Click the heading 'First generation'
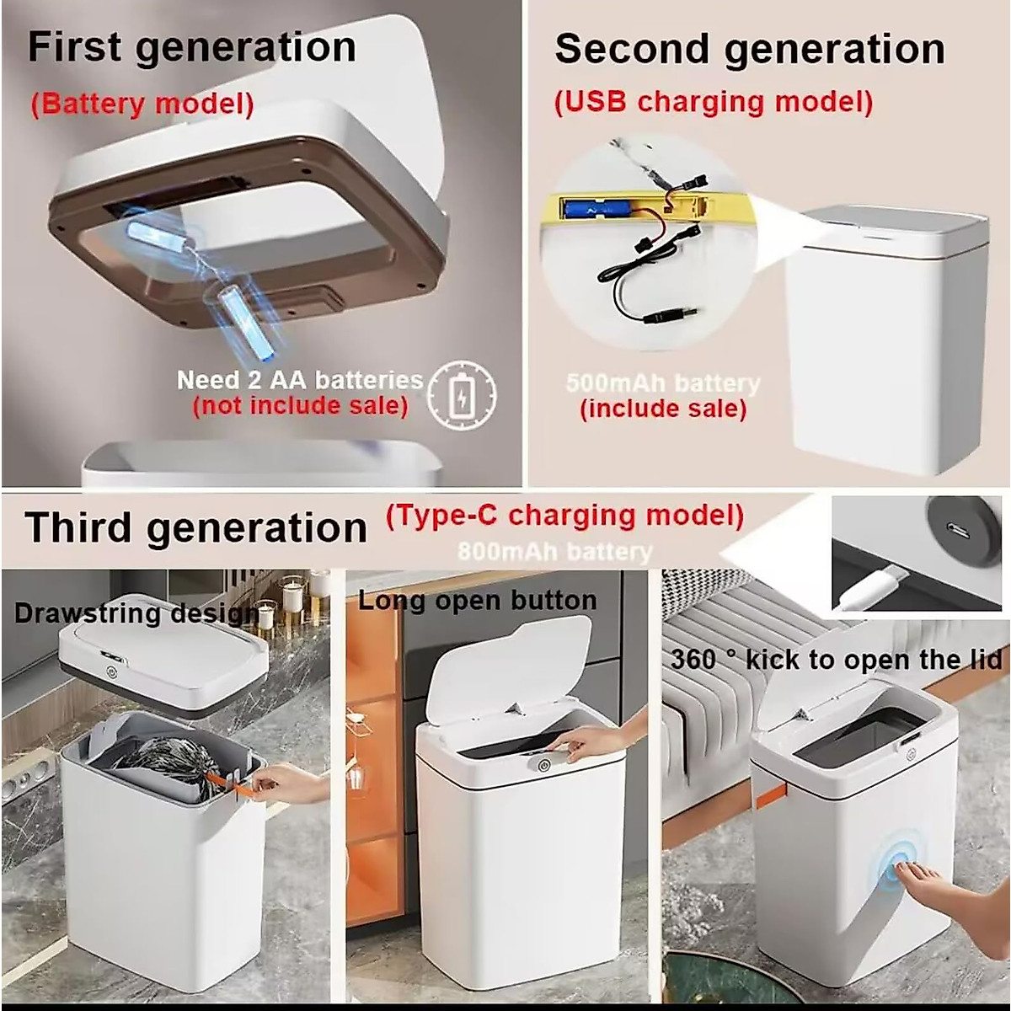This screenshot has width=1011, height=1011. (192, 47)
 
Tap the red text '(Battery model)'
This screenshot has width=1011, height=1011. (142, 104)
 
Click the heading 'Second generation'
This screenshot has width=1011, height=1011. (749, 49)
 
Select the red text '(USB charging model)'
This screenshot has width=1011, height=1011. (713, 102)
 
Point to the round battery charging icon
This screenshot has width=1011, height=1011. (462, 394)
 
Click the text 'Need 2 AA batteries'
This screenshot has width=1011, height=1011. (299, 380)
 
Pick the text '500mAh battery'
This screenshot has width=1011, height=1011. (662, 383)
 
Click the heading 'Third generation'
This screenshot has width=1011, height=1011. (195, 528)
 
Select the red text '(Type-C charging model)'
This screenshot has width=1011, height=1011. (564, 515)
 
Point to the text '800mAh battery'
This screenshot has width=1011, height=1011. (554, 552)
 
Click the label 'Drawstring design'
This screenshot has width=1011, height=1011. (135, 612)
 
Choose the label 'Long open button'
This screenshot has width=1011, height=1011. (477, 601)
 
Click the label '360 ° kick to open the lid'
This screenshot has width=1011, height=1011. (836, 659)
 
